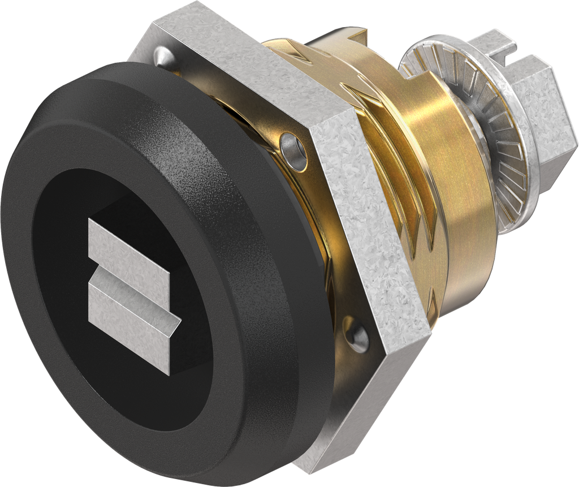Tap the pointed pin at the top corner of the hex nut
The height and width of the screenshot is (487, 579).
[x=161, y=54]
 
